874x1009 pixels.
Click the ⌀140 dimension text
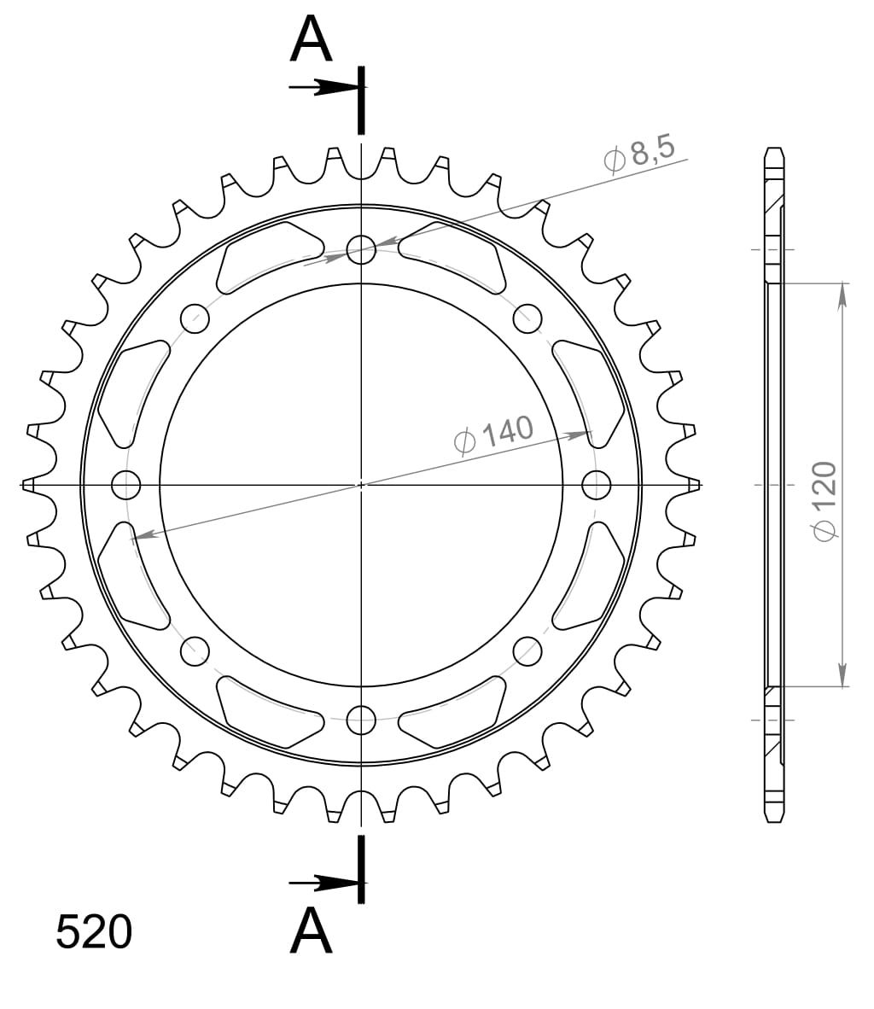[x=493, y=435]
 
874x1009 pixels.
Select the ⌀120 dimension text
[x=824, y=500]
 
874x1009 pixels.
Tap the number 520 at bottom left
[x=94, y=932]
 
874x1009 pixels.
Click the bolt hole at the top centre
[x=361, y=249]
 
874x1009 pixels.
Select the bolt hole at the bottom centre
[x=361, y=720]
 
